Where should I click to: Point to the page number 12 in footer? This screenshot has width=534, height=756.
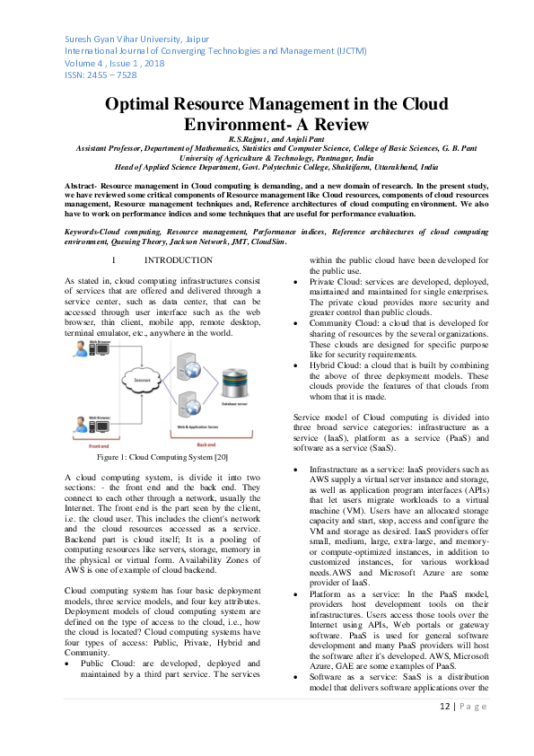click(446, 732)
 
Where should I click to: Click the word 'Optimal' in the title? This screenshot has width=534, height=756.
click(144, 105)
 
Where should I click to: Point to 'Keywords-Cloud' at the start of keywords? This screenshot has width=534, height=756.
click(100, 232)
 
